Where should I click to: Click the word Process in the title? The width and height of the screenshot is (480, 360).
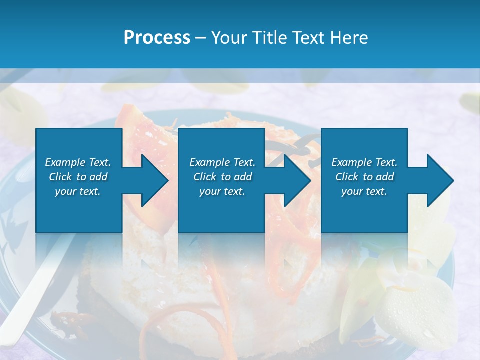(x=157, y=38)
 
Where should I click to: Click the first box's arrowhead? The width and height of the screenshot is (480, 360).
(x=150, y=180)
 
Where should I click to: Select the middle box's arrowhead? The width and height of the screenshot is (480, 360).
(x=293, y=180)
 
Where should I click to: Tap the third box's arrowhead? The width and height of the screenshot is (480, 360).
(x=435, y=180)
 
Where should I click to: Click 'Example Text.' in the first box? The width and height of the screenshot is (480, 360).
(x=78, y=162)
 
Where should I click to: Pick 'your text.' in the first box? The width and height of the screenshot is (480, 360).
(x=78, y=191)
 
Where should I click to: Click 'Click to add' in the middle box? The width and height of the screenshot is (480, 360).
(x=222, y=177)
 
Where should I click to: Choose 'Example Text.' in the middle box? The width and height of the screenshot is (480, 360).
(x=222, y=162)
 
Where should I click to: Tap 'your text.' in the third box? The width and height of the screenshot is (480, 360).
(x=364, y=191)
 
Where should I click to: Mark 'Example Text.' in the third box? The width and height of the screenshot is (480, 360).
(x=364, y=162)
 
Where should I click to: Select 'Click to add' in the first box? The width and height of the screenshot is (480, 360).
(x=78, y=177)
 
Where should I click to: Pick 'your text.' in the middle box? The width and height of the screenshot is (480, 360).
(x=222, y=191)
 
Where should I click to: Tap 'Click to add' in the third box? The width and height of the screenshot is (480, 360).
(x=364, y=177)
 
